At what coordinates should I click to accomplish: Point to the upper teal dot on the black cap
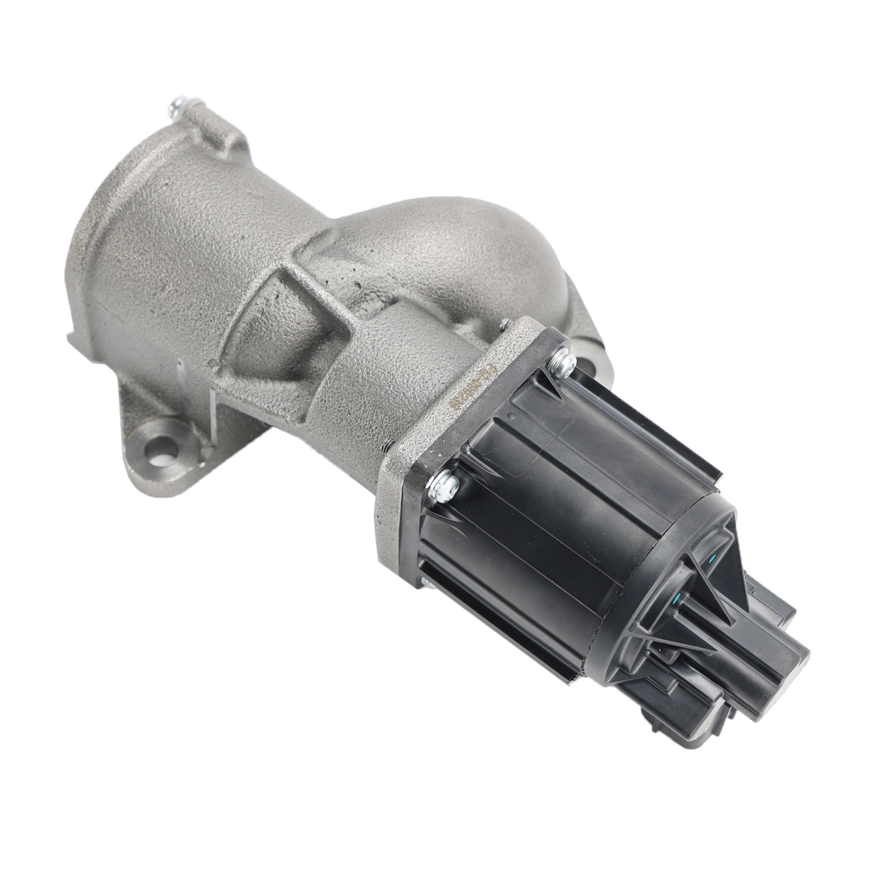tap(713, 559)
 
